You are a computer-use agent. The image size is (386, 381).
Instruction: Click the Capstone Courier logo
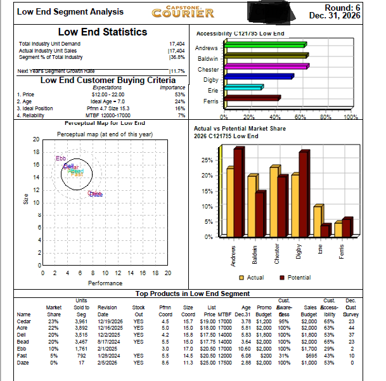click(x=189, y=11)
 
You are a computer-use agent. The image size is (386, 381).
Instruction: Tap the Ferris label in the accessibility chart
click(x=210, y=101)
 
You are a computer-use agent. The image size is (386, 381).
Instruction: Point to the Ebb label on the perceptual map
click(x=61, y=158)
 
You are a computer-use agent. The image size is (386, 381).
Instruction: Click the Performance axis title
click(x=105, y=283)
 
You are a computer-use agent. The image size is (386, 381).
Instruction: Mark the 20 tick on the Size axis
click(x=35, y=139)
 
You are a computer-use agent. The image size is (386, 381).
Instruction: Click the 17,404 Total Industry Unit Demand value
click(x=177, y=43)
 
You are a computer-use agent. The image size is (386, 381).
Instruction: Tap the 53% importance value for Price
click(x=179, y=94)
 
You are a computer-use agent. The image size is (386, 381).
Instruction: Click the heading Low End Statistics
click(x=102, y=32)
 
